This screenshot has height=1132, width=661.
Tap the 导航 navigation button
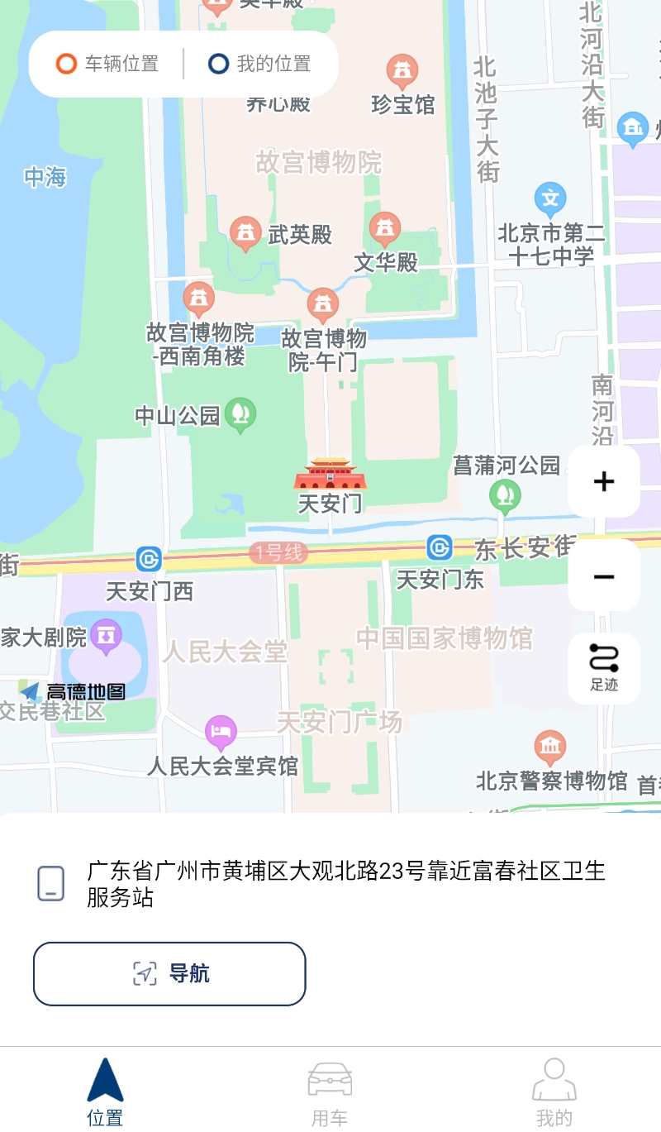pyautogui.click(x=169, y=973)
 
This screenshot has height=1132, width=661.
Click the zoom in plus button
pyautogui.click(x=604, y=481)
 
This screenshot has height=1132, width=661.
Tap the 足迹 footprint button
pyautogui.click(x=604, y=668)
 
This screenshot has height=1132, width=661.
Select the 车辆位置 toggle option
pyautogui.click(x=107, y=64)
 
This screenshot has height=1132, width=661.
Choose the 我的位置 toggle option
pyautogui.click(x=260, y=64)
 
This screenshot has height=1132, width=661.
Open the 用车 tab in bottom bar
pyautogui.click(x=330, y=1093)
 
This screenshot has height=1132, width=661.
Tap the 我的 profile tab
pyautogui.click(x=554, y=1093)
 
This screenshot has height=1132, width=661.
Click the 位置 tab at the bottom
pyautogui.click(x=105, y=1093)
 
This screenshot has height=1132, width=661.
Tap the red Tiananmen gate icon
pyautogui.click(x=330, y=475)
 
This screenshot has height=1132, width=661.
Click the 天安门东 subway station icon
pyautogui.click(x=440, y=547)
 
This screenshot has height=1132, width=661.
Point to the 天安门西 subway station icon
pyautogui.click(x=150, y=560)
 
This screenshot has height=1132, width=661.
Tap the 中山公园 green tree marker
pyautogui.click(x=240, y=413)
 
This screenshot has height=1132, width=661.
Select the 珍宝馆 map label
pyautogui.click(x=403, y=104)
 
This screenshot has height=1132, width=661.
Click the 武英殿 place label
pyautogui.click(x=299, y=235)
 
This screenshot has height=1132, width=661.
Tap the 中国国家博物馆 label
pyautogui.click(x=445, y=638)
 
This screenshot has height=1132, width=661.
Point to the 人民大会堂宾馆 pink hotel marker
pyautogui.click(x=221, y=731)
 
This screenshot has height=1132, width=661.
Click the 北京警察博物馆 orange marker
pyautogui.click(x=550, y=747)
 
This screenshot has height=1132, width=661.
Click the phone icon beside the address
pyautogui.click(x=51, y=883)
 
